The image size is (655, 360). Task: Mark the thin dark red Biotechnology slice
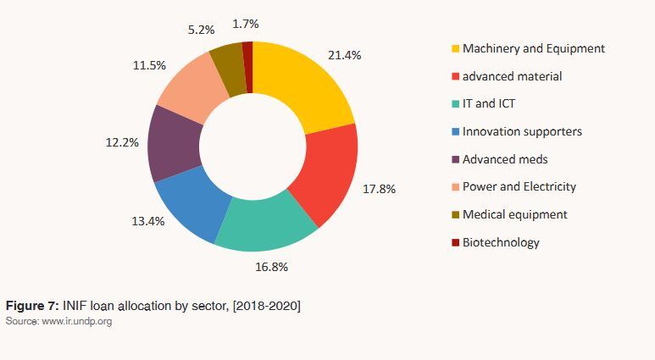(247, 53)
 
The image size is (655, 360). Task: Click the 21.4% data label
(344, 55)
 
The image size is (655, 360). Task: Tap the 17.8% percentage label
(380, 188)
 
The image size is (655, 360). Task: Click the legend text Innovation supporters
(522, 131)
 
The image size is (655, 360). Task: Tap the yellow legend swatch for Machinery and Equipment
(456, 49)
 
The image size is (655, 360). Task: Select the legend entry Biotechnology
(501, 242)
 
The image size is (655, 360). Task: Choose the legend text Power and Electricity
(519, 186)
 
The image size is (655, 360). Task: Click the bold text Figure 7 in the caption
(30, 305)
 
